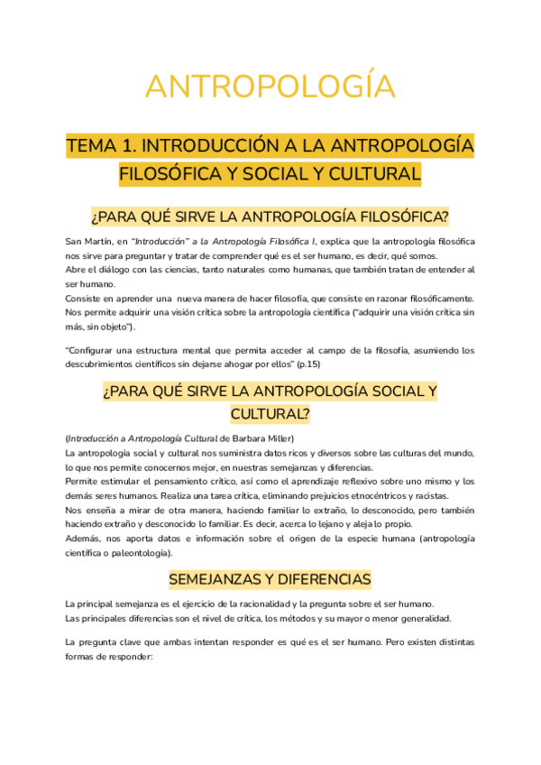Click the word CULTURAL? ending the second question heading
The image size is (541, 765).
pos(270,413)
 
